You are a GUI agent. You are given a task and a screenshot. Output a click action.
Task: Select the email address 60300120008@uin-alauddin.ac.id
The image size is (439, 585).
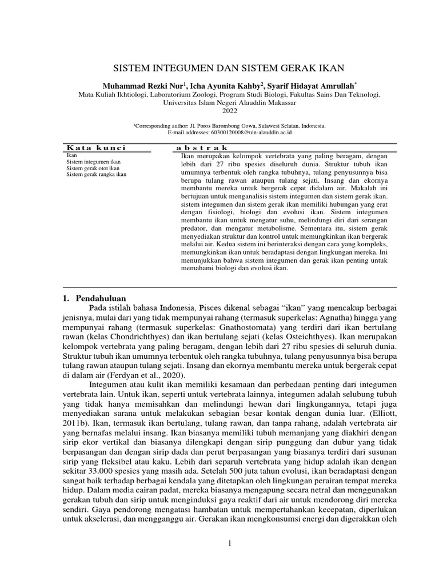point(248,132)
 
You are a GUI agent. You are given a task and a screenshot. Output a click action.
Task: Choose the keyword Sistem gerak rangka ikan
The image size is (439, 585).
point(97,175)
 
